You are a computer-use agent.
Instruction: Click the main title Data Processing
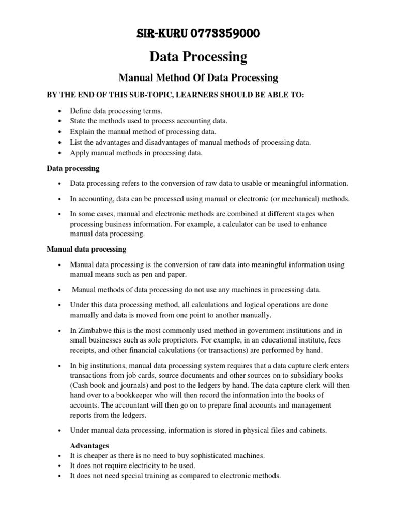click(x=198, y=56)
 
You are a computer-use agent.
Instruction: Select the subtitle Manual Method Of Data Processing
click(x=198, y=78)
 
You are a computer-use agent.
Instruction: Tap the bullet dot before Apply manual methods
click(x=60, y=153)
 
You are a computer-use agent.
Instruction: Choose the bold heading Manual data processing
click(x=86, y=249)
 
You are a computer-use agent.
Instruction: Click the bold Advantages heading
click(x=90, y=445)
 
